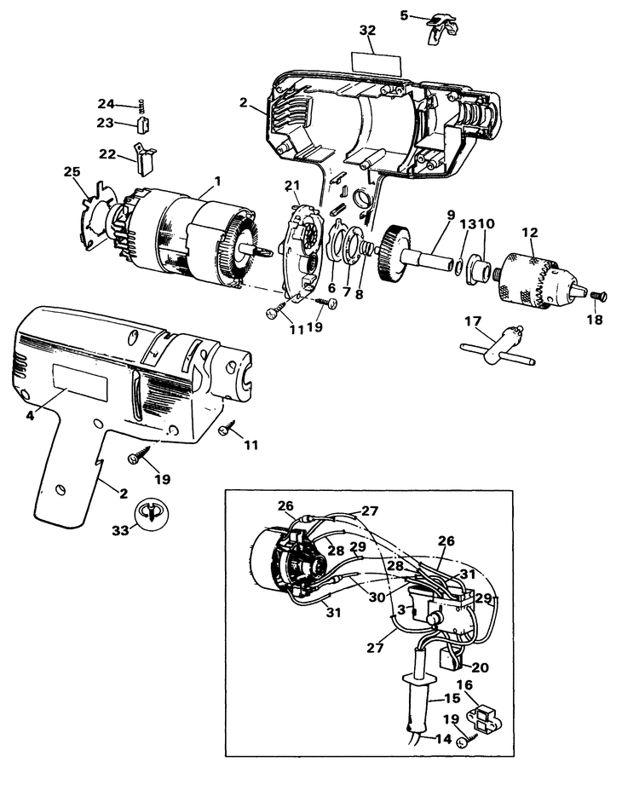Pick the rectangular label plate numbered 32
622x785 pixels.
[368, 61]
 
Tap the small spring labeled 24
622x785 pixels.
[143, 107]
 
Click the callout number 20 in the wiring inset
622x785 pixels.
[480, 667]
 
